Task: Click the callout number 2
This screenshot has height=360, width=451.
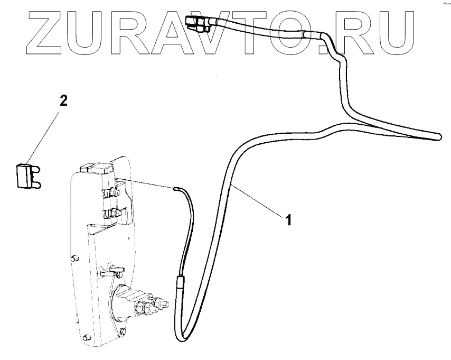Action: coord(63,100)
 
